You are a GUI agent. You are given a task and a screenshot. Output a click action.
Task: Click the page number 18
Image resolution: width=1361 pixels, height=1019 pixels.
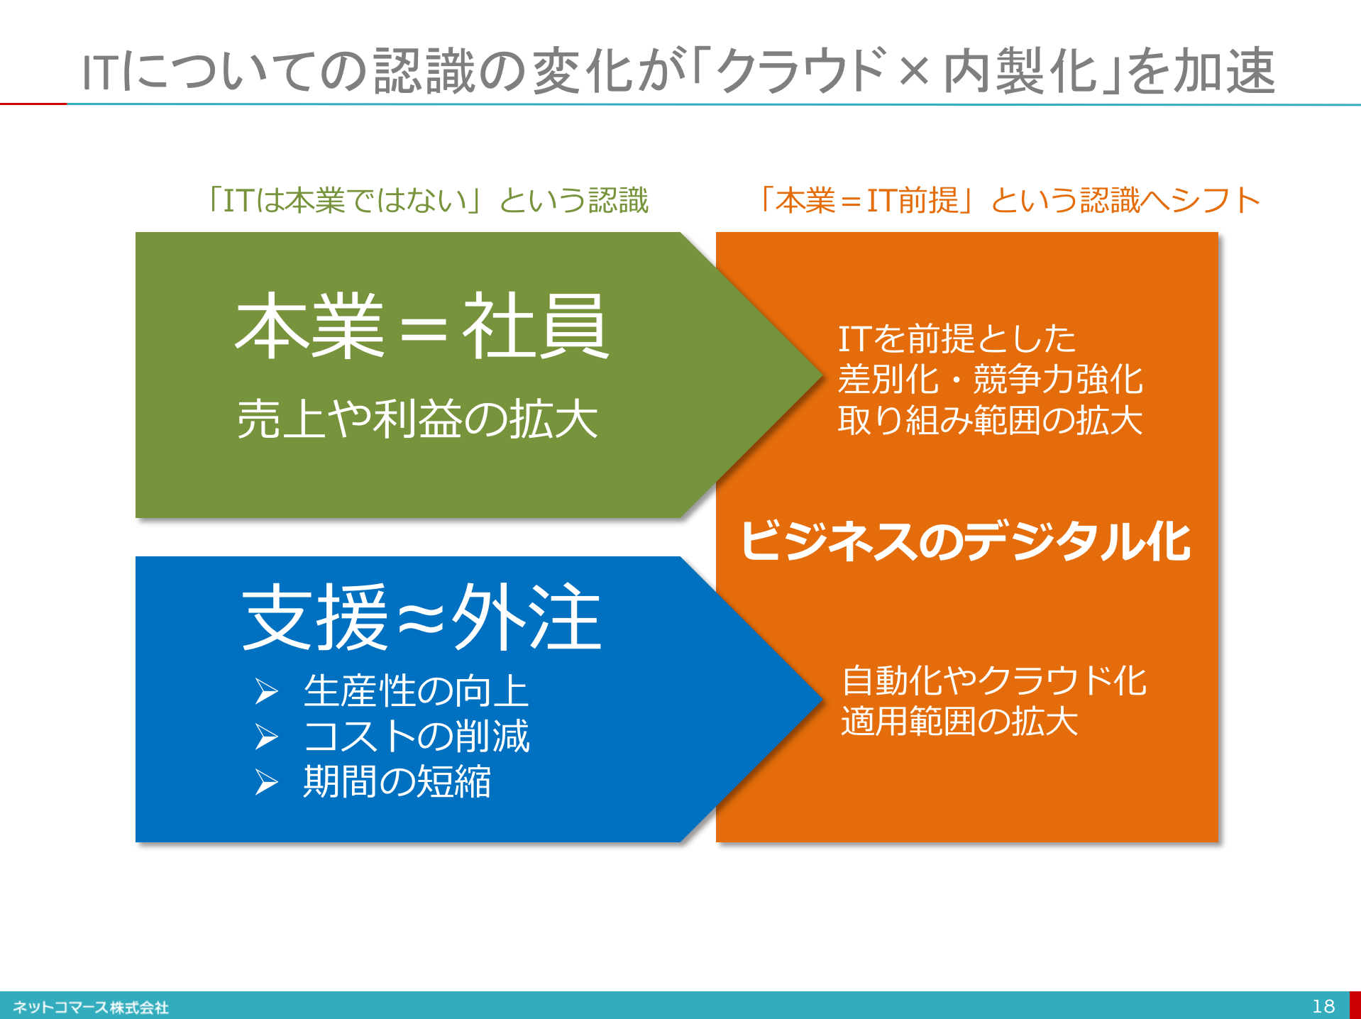tap(1323, 1006)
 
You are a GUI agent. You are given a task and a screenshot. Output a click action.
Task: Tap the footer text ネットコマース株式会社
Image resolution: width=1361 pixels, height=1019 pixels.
tap(91, 1007)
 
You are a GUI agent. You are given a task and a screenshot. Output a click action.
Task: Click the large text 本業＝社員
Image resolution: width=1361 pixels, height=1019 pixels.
tap(422, 326)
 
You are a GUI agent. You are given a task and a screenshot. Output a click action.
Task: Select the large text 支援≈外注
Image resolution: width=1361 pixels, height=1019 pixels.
tap(422, 617)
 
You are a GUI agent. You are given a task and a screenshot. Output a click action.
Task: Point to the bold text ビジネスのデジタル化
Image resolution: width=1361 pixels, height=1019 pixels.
tap(965, 541)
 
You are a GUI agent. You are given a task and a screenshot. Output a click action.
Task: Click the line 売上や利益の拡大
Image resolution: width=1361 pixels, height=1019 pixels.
tap(417, 419)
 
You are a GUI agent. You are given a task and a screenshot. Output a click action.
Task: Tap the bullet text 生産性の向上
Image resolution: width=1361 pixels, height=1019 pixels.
tap(417, 691)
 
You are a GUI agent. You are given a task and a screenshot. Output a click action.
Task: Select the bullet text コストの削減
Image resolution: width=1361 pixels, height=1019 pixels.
tap(417, 736)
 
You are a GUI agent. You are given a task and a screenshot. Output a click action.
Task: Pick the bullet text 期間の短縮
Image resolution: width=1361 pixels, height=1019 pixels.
tap(397, 781)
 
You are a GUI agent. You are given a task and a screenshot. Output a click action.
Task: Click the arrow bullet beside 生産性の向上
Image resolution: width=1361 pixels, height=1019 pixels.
tap(267, 692)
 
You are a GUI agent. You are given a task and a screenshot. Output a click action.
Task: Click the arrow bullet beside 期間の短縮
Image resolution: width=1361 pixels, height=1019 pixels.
tap(267, 782)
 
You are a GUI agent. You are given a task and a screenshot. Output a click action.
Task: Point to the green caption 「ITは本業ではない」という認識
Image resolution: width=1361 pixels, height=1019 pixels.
tap(428, 200)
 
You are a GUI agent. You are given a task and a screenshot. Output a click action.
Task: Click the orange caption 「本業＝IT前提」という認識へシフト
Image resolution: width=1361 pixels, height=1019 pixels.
tap(1009, 200)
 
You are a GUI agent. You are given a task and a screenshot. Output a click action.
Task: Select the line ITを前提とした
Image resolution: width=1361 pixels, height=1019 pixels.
tap(957, 338)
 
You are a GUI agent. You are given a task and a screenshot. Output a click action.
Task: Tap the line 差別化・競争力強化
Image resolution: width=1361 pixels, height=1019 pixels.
tap(991, 379)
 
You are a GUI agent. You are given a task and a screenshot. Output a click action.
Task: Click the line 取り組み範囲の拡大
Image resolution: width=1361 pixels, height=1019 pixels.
tap(991, 420)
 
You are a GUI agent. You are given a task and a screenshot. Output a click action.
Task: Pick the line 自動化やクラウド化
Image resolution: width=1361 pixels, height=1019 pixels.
tap(994, 681)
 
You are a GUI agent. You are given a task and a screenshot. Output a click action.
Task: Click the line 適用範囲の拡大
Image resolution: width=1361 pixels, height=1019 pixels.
tap(960, 721)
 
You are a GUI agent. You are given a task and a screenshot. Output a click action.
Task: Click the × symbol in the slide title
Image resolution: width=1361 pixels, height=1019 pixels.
tap(915, 72)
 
